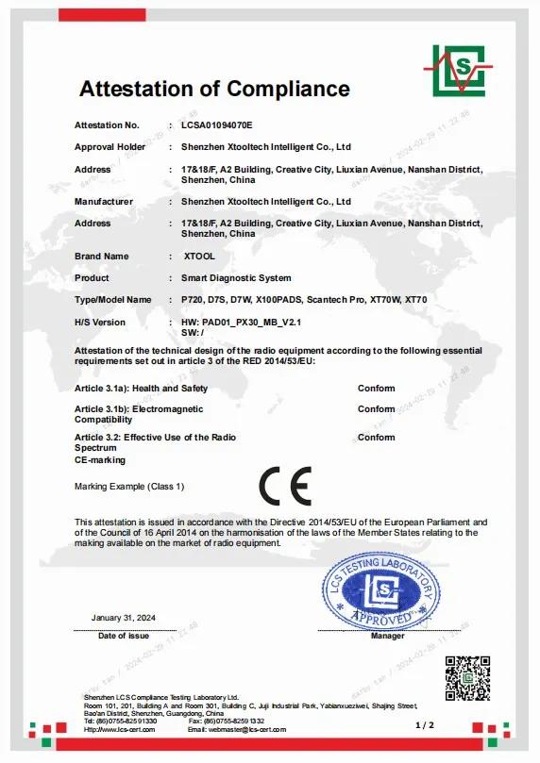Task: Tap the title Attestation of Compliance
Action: click(x=214, y=90)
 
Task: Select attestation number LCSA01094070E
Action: click(x=216, y=124)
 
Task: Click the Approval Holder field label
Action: click(x=110, y=147)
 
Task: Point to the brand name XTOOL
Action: click(x=201, y=256)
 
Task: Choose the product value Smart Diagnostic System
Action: click(x=236, y=277)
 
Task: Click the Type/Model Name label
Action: click(x=112, y=299)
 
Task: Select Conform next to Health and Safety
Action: click(x=376, y=389)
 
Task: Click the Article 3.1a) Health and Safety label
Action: click(x=141, y=389)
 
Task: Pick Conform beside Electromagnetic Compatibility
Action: click(x=376, y=409)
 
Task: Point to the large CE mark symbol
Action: click(x=285, y=486)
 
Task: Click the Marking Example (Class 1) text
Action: click(x=129, y=486)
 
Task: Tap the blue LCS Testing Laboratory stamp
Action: click(x=380, y=589)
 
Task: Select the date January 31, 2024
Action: click(x=124, y=617)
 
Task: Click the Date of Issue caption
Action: click(x=124, y=637)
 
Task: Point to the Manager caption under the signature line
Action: click(x=387, y=637)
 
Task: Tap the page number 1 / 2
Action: click(x=424, y=724)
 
